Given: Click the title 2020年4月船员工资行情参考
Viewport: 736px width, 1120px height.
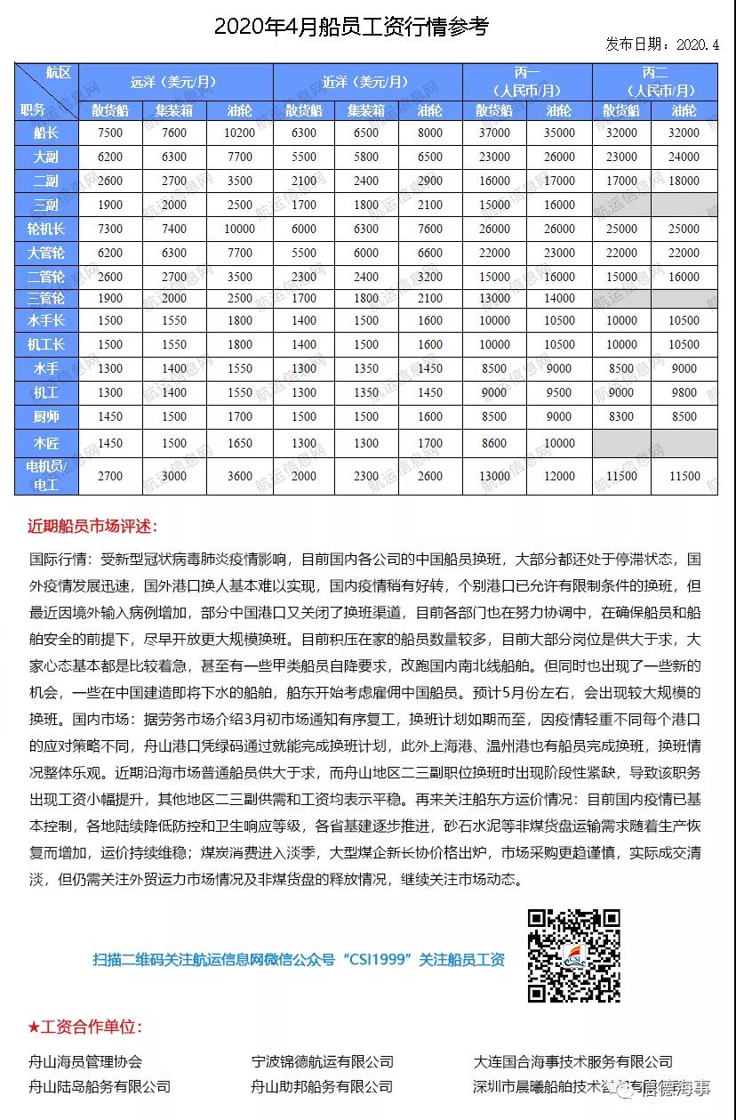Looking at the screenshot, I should click(x=351, y=27).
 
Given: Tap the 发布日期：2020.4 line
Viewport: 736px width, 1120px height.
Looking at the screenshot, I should click(x=662, y=44).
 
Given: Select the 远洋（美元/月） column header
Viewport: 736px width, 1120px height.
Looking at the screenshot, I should click(x=175, y=83).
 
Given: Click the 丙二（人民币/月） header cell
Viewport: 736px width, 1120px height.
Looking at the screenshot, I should click(x=654, y=83).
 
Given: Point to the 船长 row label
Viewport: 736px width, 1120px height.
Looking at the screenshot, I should click(x=46, y=133).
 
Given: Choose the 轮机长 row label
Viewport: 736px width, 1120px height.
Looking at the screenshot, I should click(x=46, y=229).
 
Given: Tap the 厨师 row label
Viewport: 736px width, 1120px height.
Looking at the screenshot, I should click(x=46, y=415).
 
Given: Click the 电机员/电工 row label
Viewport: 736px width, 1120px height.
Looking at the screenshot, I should click(x=46, y=476).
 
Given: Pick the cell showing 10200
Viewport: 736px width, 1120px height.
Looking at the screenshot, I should click(x=239, y=133).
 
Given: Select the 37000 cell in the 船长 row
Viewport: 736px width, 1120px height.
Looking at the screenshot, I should click(x=494, y=133).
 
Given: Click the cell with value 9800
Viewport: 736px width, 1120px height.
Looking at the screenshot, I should click(x=684, y=391).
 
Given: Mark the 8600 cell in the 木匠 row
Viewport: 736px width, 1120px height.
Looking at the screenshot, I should click(x=494, y=442).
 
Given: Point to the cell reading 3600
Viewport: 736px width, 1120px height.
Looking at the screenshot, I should click(x=239, y=476).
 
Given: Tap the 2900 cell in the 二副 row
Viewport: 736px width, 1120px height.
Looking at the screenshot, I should click(x=429, y=181).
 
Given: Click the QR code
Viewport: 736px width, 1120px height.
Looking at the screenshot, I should click(x=573, y=955).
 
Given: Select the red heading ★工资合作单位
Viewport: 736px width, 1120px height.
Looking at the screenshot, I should click(x=84, y=1027).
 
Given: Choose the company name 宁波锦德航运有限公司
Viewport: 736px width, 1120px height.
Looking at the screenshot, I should click(x=323, y=1061).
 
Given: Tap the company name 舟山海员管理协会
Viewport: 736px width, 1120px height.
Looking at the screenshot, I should click(x=85, y=1061).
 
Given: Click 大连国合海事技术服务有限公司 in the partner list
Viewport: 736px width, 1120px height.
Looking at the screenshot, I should click(x=572, y=1061).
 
